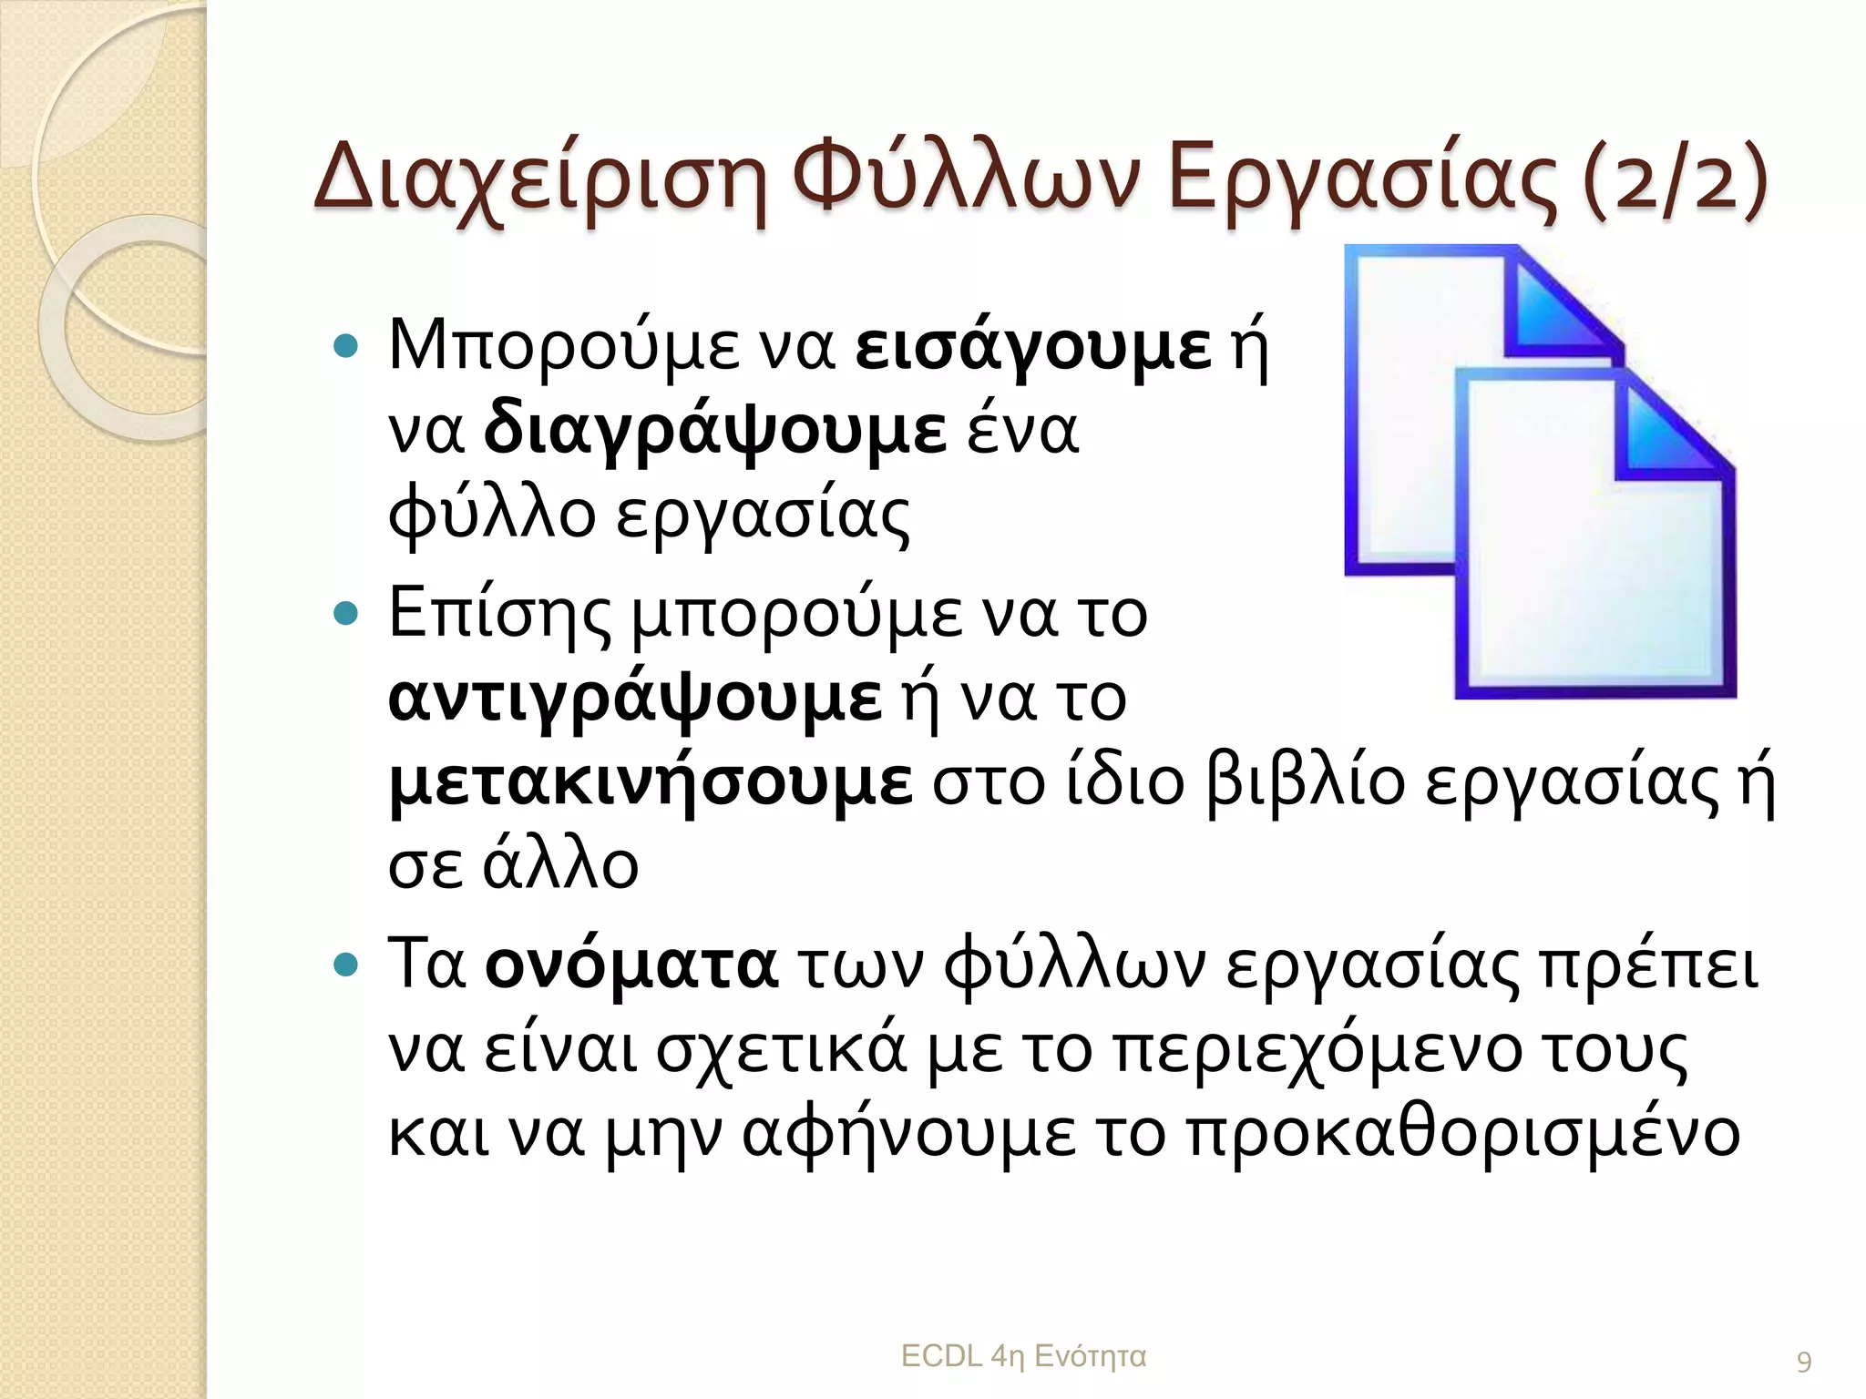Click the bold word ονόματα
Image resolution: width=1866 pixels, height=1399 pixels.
pyautogui.click(x=631, y=965)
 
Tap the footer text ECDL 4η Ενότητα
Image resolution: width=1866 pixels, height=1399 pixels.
pyautogui.click(x=1023, y=1356)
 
